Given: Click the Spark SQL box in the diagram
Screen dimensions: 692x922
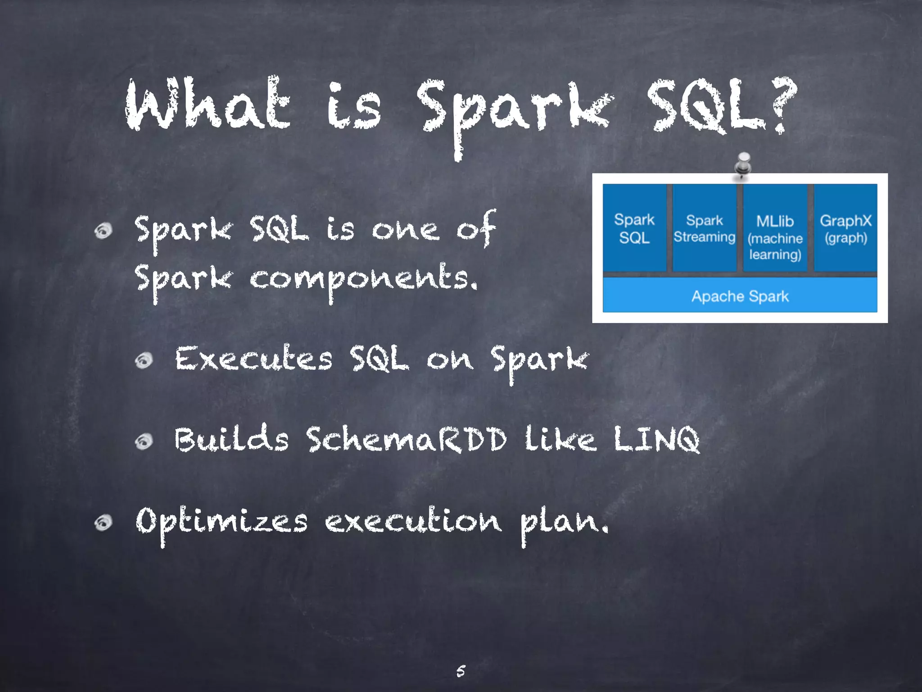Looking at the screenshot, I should click(634, 228).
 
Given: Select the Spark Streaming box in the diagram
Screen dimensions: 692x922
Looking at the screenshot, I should click(704, 228).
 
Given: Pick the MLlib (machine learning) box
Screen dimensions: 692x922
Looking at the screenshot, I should click(775, 228).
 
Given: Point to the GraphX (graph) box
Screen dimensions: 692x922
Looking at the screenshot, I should click(845, 228).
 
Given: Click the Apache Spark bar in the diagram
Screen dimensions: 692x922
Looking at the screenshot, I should click(740, 296).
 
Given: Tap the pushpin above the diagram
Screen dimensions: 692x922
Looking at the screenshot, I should click(743, 165).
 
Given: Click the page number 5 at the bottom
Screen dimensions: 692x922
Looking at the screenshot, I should click(461, 671).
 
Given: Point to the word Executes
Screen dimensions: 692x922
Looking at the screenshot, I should click(253, 359).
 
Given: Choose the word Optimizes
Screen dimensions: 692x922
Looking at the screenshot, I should click(221, 521).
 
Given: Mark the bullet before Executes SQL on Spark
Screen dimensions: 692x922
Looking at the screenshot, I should click(144, 360).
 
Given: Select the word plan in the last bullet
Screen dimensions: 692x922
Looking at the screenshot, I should click(564, 523).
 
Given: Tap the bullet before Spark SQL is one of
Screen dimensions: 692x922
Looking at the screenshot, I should click(104, 231).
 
